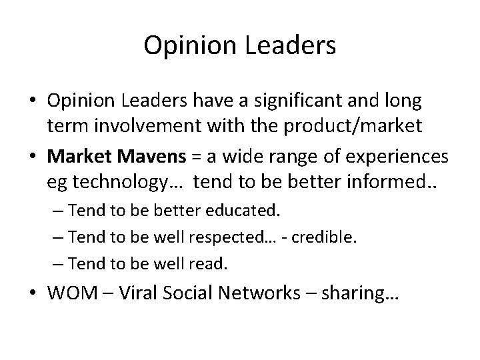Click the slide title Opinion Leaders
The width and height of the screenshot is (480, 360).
[x=240, y=45]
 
